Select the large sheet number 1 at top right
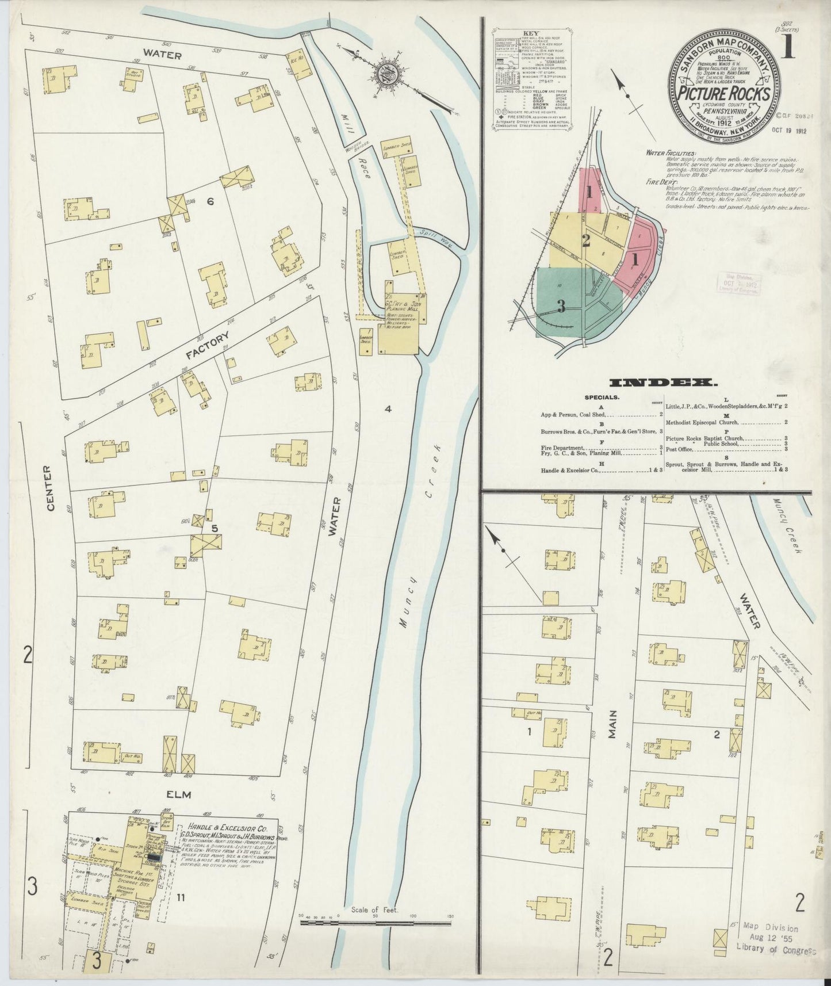click(787, 49)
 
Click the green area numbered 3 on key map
click(561, 307)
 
